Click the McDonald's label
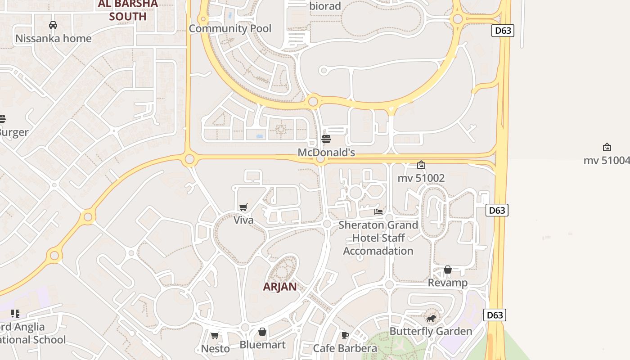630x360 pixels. (326, 153)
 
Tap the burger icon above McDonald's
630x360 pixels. (326, 139)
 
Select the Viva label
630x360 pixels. (243, 220)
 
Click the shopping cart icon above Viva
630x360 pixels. (243, 207)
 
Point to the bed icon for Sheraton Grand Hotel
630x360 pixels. (378, 211)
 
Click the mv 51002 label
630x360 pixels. (421, 178)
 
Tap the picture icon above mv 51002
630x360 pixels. (421, 165)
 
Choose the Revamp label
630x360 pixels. (448, 283)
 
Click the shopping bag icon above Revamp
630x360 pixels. (448, 270)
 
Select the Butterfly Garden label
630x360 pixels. (431, 331)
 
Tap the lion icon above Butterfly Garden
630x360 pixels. (431, 319)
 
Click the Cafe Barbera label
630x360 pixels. (345, 348)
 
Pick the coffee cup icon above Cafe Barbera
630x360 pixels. (345, 335)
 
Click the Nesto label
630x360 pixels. (215, 348)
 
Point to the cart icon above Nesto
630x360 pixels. (215, 335)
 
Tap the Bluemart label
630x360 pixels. (262, 345)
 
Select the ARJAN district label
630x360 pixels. (280, 287)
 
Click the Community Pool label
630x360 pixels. (230, 28)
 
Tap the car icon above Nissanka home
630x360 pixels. (53, 25)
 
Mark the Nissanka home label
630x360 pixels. (54, 38)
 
